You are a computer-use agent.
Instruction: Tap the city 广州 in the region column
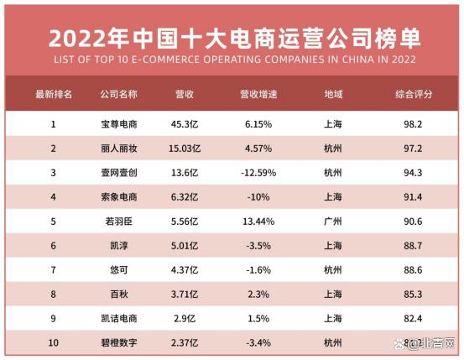coord(332,222)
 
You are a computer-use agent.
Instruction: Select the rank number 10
coord(54,343)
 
